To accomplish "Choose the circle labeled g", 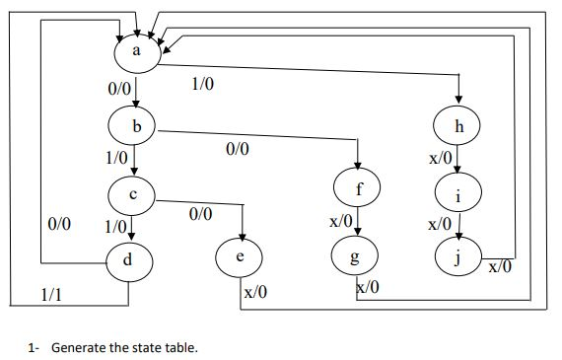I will click(x=357, y=256).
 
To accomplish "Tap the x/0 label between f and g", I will click(x=340, y=223).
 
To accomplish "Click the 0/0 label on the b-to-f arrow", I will click(x=238, y=150).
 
